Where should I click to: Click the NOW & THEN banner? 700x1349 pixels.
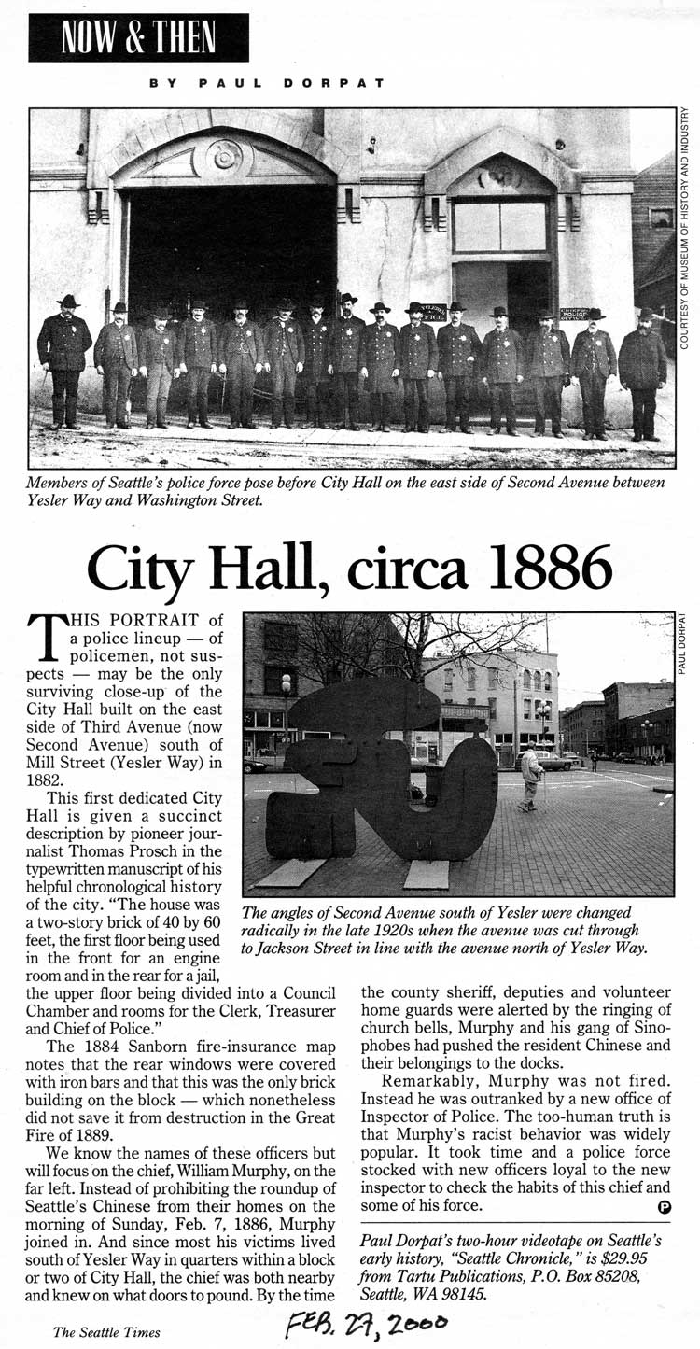(x=138, y=37)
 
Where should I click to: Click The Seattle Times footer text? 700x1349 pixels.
(x=106, y=1332)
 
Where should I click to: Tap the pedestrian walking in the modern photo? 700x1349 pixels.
(x=531, y=776)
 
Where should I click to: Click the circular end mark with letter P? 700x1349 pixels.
(x=664, y=1207)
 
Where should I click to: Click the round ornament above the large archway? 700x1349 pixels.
(x=224, y=154)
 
